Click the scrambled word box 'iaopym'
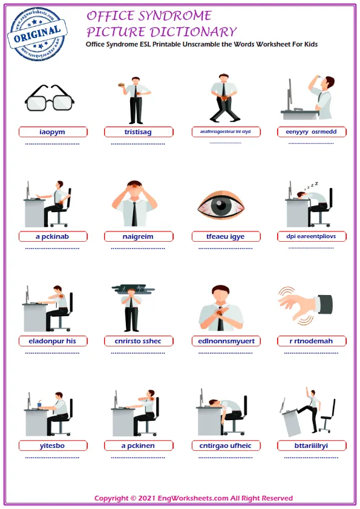pyautogui.click(x=53, y=132)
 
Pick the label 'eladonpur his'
pyautogui.click(x=53, y=341)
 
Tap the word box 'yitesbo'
pyautogui.click(x=53, y=446)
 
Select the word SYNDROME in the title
pyautogui.click(x=176, y=16)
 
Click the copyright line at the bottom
pyautogui.click(x=193, y=498)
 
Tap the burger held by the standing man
pyautogui.click(x=122, y=85)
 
